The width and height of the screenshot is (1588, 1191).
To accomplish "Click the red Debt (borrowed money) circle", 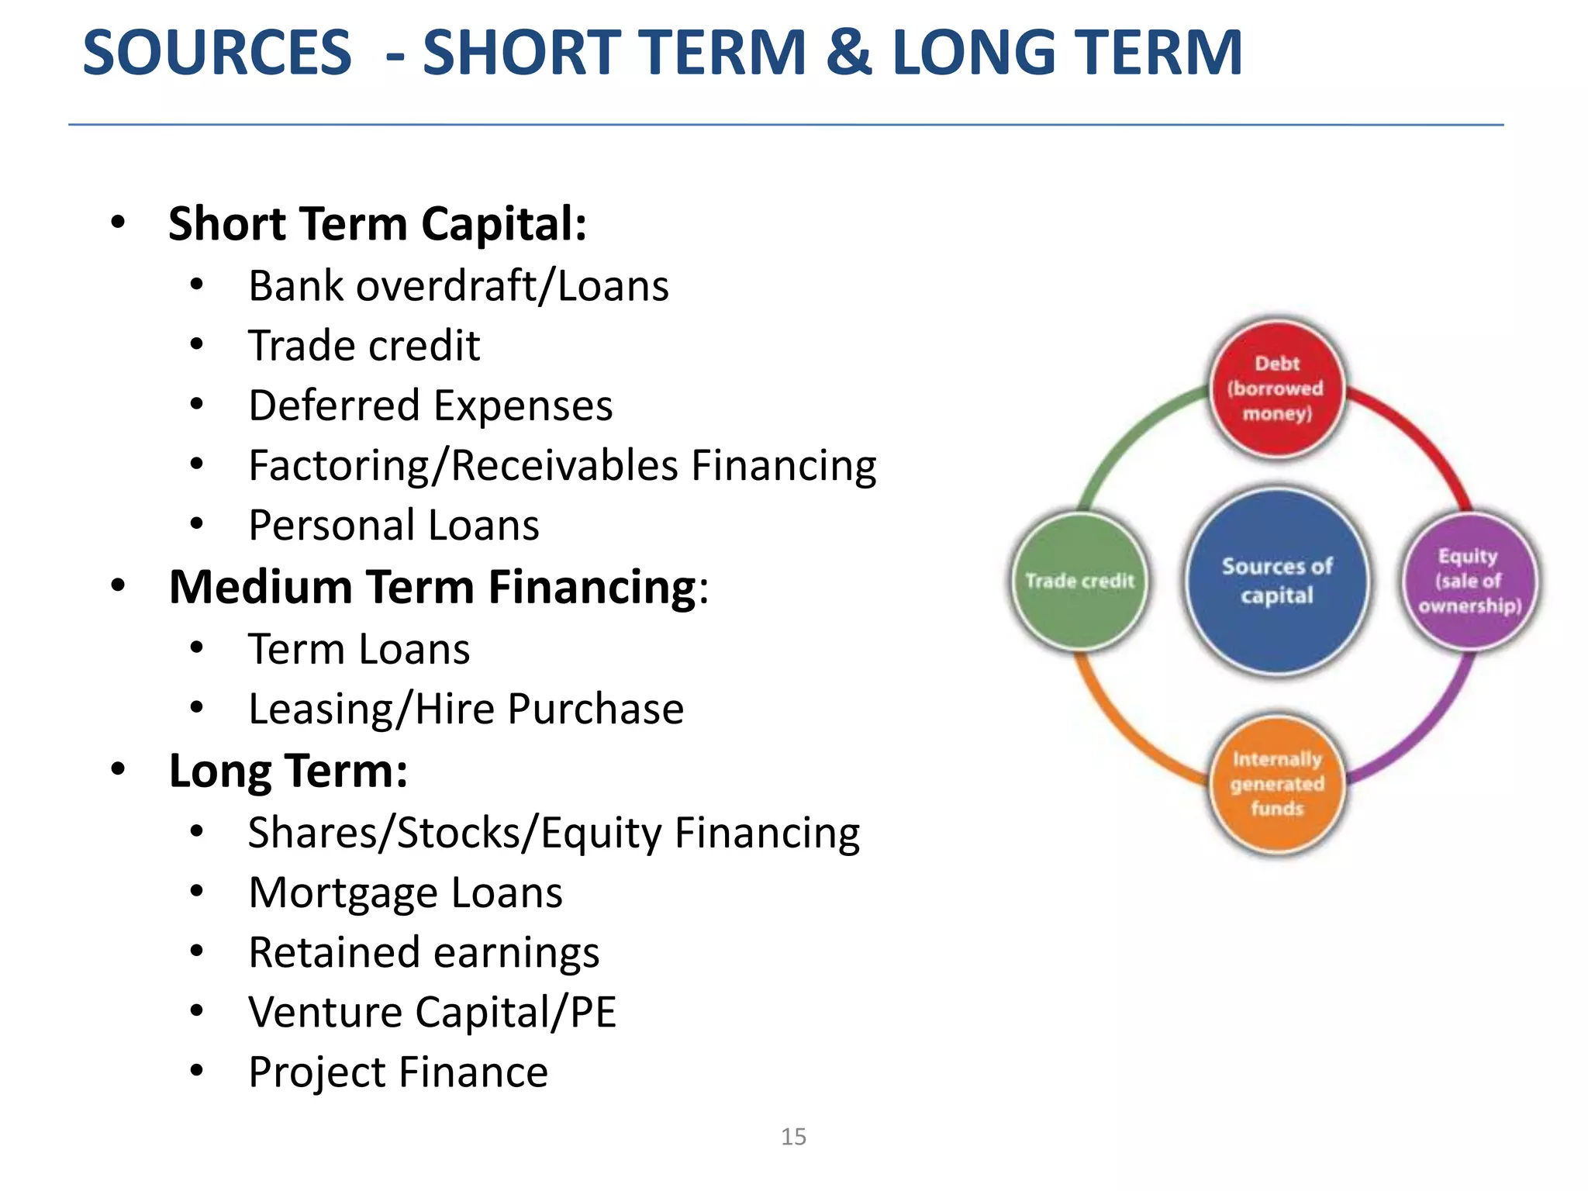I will point(1276,388).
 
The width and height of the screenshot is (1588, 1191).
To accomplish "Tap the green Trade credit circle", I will point(1079,581).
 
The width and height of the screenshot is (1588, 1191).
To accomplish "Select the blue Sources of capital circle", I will point(1276,581).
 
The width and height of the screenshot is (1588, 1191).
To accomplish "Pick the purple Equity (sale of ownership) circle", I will point(1469,581).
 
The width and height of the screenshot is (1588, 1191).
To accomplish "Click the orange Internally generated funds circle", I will point(1276,784).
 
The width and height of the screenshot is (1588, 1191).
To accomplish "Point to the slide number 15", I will point(793,1137).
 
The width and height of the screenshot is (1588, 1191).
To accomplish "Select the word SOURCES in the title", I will point(217,53).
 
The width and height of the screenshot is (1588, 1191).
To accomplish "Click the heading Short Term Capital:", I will point(377,224).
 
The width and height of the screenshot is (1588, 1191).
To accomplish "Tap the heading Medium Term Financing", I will point(433,587).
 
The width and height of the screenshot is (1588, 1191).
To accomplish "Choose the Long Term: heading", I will point(288,771).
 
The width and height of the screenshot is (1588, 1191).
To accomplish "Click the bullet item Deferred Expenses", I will point(430,406).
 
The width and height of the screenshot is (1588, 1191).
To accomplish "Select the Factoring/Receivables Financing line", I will point(562,465).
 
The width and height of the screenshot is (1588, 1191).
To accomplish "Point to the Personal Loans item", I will point(393,526).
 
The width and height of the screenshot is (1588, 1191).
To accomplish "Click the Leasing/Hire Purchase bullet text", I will point(465,709).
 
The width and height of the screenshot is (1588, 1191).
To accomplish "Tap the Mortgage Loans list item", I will point(405,892).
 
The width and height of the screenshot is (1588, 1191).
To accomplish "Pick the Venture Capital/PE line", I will point(432,1012).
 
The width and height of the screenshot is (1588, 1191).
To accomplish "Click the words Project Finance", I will point(398,1072).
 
